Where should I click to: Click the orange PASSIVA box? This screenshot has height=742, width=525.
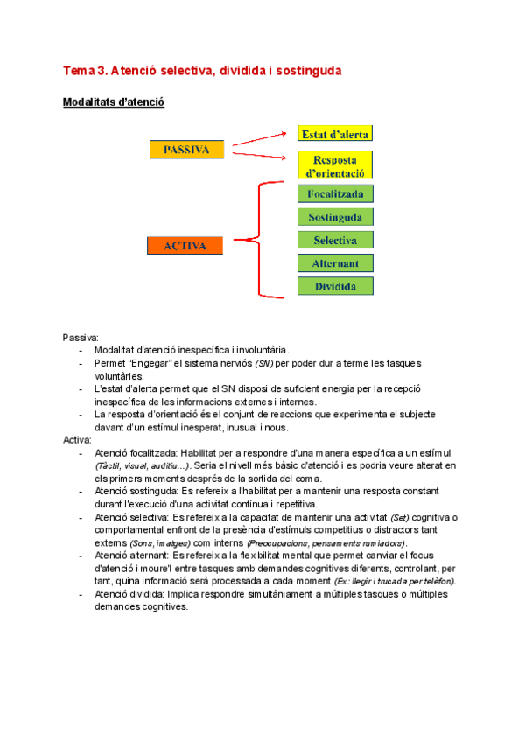(187, 150)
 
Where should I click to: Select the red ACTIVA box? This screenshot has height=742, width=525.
(185, 246)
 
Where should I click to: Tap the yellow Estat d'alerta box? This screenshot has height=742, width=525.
(335, 134)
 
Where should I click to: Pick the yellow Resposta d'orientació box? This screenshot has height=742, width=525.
(335, 164)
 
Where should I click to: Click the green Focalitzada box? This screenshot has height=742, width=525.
(335, 193)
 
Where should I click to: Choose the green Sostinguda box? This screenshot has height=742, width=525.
(335, 217)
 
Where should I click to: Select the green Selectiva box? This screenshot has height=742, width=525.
(335, 240)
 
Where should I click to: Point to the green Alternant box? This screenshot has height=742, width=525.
(335, 262)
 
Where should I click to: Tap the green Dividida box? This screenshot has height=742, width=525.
(335, 286)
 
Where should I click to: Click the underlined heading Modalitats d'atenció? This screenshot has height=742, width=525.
(114, 102)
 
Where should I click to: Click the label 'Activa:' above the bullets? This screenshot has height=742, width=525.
(78, 440)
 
